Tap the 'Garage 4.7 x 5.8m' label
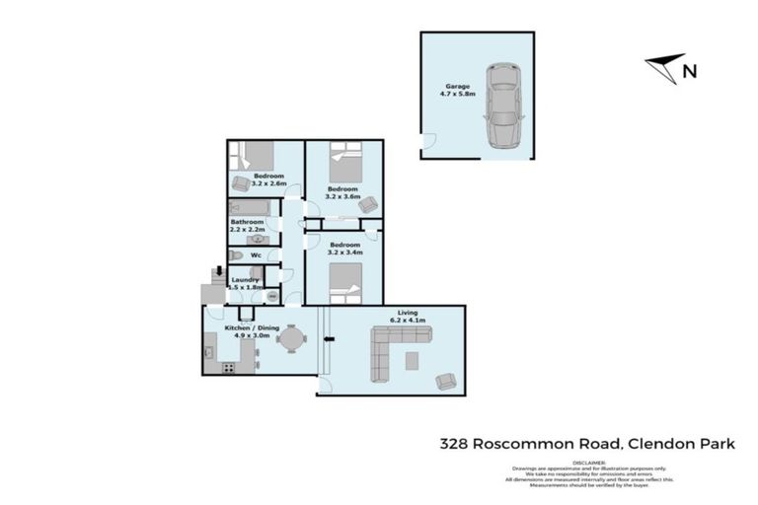[456, 91]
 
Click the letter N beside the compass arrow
[690, 70]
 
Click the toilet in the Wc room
[235, 255]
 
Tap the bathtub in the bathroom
[250, 209]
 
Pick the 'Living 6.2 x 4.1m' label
[409, 317]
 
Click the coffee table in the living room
[412, 359]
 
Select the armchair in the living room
[446, 380]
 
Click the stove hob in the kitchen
[228, 368]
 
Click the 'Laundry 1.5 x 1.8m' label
[245, 284]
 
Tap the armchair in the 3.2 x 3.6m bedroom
[367, 205]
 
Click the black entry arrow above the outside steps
[218, 271]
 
